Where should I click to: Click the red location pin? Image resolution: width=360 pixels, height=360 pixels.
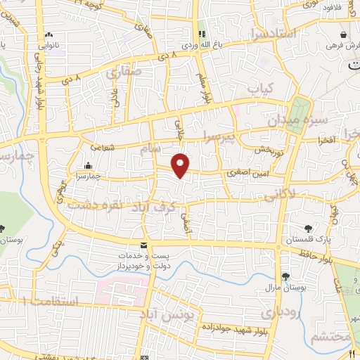[181, 165]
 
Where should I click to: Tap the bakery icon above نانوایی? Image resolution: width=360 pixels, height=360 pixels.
[48, 34]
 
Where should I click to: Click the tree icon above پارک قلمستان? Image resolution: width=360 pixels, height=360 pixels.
[309, 229]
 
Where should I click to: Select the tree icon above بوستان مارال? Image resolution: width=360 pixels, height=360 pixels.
[285, 276]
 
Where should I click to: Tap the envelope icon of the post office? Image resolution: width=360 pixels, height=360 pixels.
[144, 245]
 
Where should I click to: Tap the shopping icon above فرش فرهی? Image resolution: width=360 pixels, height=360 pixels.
[343, 34]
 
